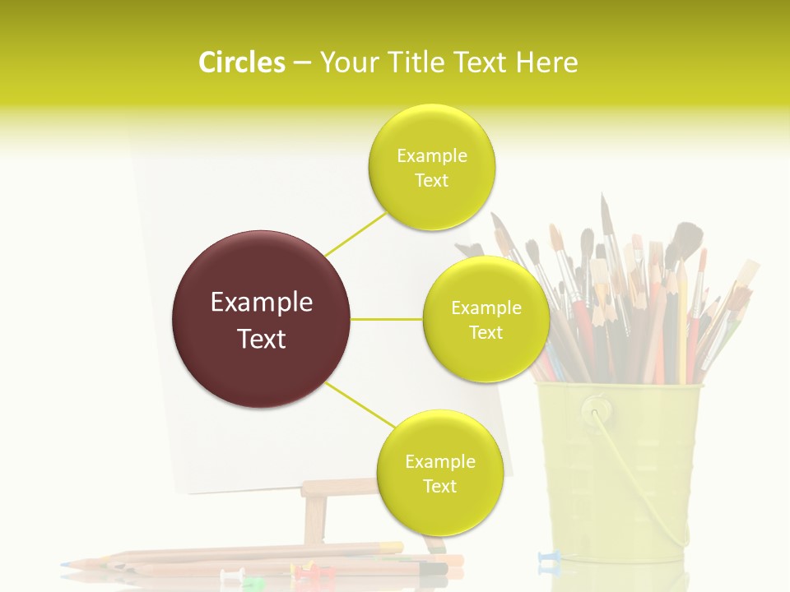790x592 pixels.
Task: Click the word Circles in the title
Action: pyautogui.click(x=241, y=62)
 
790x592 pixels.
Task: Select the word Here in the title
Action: pyautogui.click(x=546, y=62)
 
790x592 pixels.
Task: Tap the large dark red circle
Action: pyautogui.click(x=262, y=319)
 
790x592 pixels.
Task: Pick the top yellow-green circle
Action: pyautogui.click(x=431, y=168)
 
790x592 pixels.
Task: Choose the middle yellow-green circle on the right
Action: pyautogui.click(x=486, y=320)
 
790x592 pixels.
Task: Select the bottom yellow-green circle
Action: pyautogui.click(x=439, y=474)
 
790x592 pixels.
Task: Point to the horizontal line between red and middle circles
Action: pyautogui.click(x=387, y=319)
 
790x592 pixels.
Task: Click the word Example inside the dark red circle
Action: pyautogui.click(x=262, y=303)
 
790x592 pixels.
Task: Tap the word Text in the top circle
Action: pyautogui.click(x=431, y=181)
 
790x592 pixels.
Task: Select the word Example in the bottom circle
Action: pyautogui.click(x=439, y=462)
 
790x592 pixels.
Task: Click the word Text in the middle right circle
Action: pyautogui.click(x=486, y=333)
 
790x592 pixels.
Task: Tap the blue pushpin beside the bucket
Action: pyautogui.click(x=546, y=560)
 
